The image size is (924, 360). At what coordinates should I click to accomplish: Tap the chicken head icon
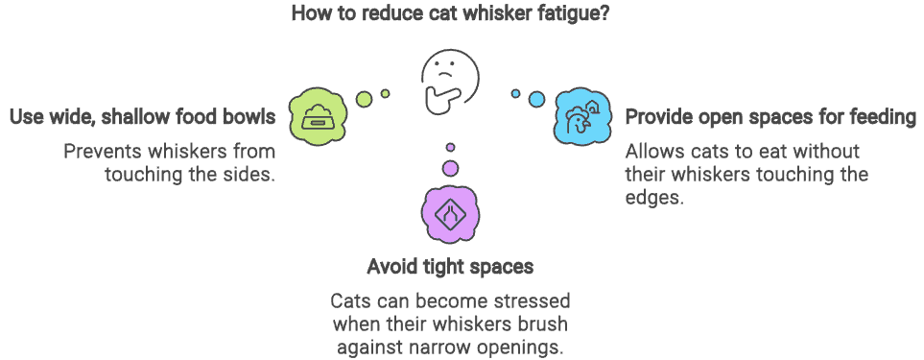[x=578, y=122]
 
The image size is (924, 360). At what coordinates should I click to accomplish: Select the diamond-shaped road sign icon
[x=450, y=214]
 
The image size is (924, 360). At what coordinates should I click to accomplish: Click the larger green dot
[x=364, y=99]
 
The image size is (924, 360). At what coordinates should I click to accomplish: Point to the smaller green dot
[x=385, y=93]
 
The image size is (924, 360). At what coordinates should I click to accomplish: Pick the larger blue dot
[x=536, y=99]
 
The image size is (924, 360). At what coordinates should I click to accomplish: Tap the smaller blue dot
[x=515, y=93]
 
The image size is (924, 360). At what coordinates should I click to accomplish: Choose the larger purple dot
[x=450, y=168]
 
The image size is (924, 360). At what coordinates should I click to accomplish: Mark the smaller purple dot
[x=450, y=147]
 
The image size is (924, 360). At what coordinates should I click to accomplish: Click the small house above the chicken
[x=592, y=106]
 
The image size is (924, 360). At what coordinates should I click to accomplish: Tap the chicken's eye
[x=579, y=118]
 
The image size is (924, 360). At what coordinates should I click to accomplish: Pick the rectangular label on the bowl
[x=318, y=124]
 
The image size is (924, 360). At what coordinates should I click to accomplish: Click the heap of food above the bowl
[x=318, y=109]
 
